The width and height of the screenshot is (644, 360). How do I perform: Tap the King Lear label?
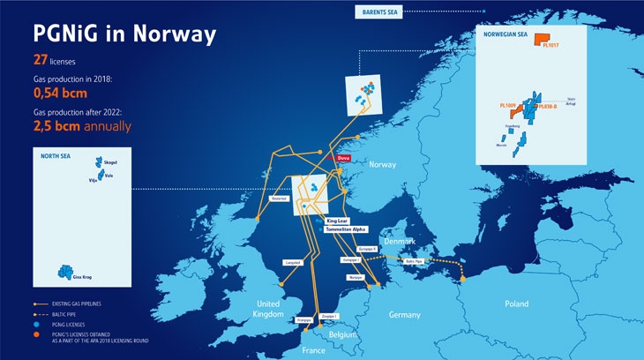tap(337, 220)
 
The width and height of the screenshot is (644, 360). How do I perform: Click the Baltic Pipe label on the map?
tap(415, 261)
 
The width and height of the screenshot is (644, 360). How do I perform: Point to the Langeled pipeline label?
tap(293, 262)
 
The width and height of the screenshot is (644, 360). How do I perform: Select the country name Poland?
tap(516, 304)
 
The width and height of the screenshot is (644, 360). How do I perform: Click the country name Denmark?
tap(398, 241)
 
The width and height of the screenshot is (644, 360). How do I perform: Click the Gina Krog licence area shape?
tap(64, 270)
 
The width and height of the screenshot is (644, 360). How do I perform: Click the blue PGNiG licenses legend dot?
tap(37, 325)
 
